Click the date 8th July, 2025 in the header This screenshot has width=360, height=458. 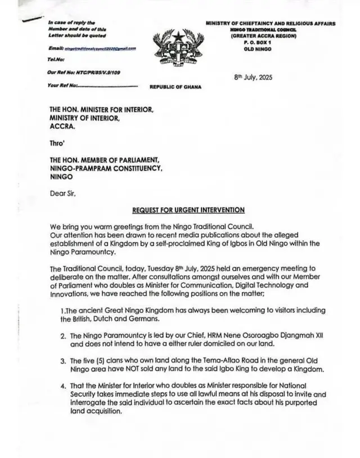tap(253, 78)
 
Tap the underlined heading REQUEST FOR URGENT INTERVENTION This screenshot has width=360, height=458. tap(188, 210)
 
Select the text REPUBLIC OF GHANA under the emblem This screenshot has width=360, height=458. tap(175, 87)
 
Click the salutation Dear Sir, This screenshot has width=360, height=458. tap(62, 194)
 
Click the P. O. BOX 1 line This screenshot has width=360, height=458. tap(258, 43)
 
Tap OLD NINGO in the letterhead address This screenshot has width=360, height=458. tap(258, 50)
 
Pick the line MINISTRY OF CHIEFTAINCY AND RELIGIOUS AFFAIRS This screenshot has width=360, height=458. tap(270, 24)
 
